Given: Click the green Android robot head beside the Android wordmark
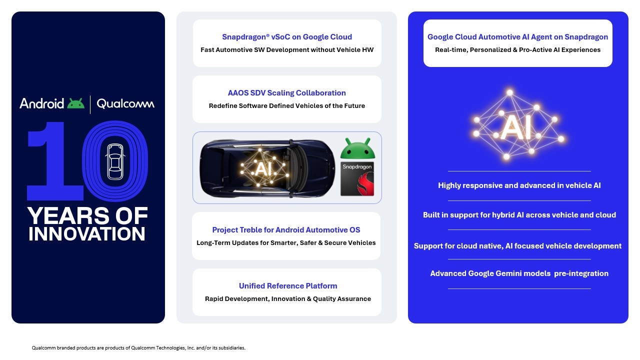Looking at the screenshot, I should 76,103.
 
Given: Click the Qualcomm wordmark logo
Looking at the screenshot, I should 125,103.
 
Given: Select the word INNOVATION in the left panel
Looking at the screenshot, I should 87,234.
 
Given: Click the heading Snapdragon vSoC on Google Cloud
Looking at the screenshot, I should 287,37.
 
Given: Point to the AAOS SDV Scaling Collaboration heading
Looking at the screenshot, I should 287,93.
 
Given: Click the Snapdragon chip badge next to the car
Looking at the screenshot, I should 357,178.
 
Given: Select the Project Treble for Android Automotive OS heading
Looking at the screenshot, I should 286,230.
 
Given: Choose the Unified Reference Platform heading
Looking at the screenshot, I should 288,286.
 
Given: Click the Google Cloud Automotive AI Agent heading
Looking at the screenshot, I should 517,37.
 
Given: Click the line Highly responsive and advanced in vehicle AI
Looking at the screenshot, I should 519,185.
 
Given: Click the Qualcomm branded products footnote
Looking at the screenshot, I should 138,348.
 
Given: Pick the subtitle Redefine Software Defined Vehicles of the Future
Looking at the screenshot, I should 287,106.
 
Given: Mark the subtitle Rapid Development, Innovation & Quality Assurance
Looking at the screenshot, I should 288,299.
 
